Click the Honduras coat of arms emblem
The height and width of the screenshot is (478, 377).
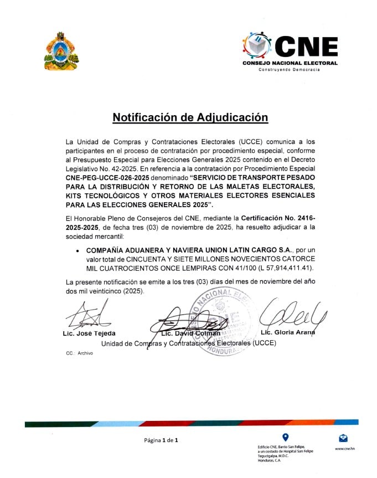tap(61, 51)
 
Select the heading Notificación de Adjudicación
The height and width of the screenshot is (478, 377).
tap(190, 117)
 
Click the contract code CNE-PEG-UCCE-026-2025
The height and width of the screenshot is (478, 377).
tap(107, 177)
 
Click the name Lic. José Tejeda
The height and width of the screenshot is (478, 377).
tap(89, 333)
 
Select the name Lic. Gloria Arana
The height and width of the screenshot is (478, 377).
tap(286, 332)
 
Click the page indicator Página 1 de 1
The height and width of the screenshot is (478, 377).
tap(161, 440)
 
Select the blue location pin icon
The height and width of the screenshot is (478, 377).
tap(286, 437)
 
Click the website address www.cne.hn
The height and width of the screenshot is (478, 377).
tap(344, 449)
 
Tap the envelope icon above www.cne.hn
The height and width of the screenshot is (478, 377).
tap(344, 438)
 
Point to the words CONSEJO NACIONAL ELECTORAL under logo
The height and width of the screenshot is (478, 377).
tap(290, 63)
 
